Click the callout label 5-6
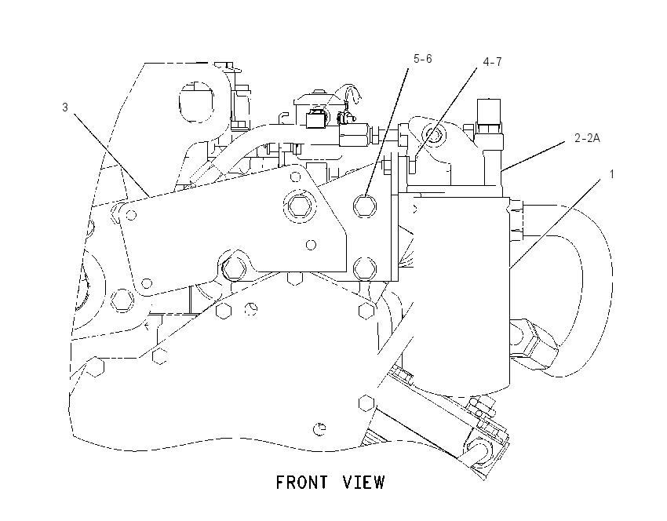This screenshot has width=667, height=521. [422, 58]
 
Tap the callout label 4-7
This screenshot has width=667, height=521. [492, 62]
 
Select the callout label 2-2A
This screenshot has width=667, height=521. [587, 138]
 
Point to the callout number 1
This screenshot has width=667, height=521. [612, 174]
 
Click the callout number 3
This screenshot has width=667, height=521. [64, 107]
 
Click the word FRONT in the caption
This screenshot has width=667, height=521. [302, 483]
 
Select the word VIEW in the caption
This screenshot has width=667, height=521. [363, 483]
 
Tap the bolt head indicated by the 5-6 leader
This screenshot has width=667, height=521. [365, 206]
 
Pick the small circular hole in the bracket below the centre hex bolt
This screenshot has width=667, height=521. [311, 245]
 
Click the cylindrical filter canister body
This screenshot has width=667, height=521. [461, 293]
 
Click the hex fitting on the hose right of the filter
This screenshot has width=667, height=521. [534, 344]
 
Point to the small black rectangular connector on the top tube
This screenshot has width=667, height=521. [316, 118]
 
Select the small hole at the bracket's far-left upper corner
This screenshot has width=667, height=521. [132, 215]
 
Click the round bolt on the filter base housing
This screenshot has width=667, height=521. [432, 135]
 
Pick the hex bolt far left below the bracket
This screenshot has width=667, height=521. [122, 301]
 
